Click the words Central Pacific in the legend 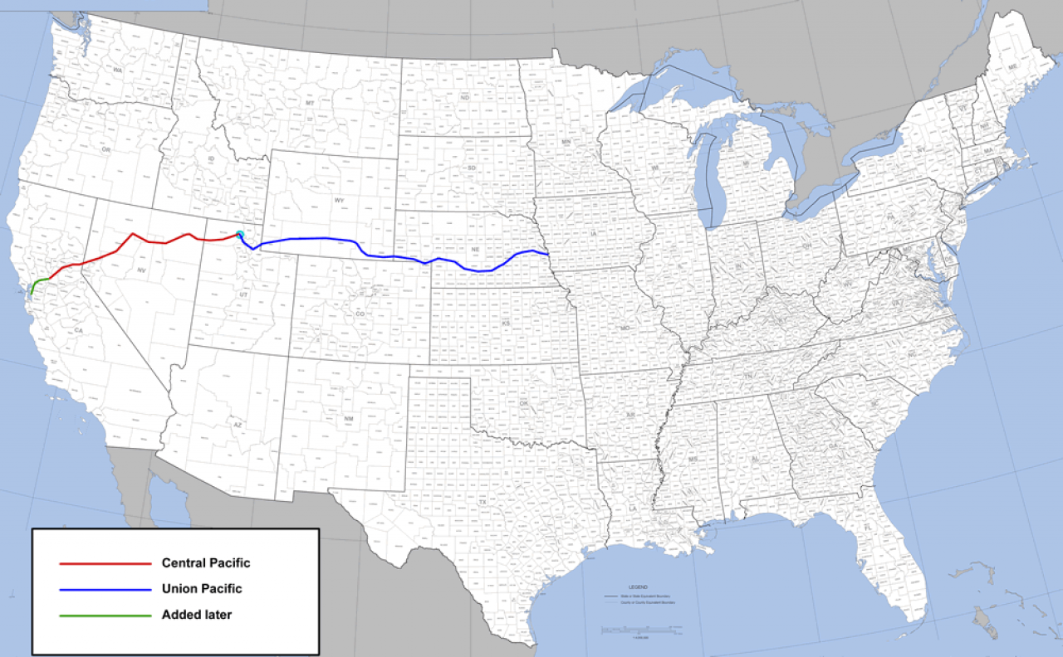pos(206,563)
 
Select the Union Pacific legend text pos(203,589)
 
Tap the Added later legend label pos(197,616)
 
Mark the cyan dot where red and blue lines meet pos(240,235)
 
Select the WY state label pos(339,201)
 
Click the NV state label pos(141,271)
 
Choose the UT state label pos(243,294)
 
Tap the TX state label pos(482,503)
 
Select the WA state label pos(118,71)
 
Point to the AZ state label pos(237,425)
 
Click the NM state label pos(350,419)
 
